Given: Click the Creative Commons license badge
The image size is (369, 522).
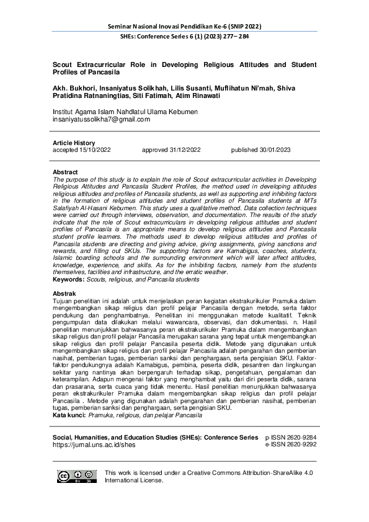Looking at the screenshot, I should point(77,476).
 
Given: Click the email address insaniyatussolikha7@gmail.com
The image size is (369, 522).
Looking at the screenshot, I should point(101,120).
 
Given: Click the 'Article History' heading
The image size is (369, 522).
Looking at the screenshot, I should point(74,143).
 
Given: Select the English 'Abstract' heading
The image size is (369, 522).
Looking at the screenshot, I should point(65,172).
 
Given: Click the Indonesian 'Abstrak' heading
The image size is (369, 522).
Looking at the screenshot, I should point(64,293).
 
